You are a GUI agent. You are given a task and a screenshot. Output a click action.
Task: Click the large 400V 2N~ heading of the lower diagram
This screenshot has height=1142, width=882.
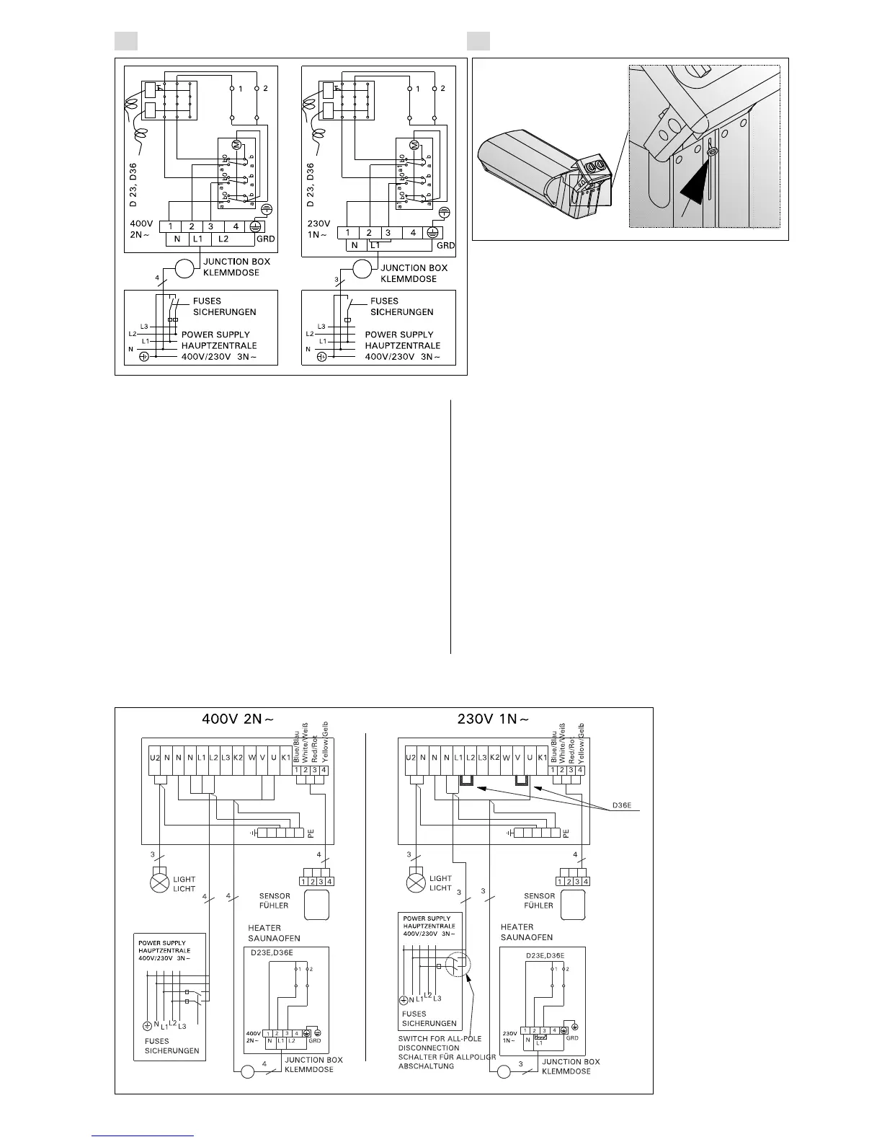pos(236,718)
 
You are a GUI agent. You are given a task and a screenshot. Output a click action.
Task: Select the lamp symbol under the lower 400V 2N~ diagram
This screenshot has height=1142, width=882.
pos(159,883)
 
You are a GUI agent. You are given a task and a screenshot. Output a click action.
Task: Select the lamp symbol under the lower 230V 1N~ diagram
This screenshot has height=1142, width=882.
pos(416,883)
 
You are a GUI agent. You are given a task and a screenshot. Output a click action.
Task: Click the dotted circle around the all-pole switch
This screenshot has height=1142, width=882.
pos(458,965)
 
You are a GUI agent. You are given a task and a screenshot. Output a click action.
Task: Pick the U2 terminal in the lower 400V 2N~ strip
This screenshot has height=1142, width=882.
pos(155,758)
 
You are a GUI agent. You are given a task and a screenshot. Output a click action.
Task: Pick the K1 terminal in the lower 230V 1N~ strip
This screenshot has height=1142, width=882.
pos(542,758)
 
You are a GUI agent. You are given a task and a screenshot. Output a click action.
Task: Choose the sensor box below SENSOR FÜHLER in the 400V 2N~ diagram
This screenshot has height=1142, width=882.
pos(316,905)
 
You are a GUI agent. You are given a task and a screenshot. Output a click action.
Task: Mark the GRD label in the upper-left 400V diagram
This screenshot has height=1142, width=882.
pos(266,239)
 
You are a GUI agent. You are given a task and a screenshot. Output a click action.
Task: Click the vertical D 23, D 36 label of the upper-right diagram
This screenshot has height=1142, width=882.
pos(311,186)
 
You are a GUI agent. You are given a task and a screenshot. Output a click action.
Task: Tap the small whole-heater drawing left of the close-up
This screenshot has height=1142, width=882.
pos(544,171)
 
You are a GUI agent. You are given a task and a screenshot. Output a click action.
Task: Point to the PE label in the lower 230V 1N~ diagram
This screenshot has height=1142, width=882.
pos(566,833)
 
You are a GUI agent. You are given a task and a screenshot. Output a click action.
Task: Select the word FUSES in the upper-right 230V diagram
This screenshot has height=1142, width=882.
pos(384,301)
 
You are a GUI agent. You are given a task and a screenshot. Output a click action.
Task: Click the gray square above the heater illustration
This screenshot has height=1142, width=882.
pos(478,41)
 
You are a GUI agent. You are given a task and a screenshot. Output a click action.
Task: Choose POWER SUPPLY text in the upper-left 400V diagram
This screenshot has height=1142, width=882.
pos(215,335)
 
